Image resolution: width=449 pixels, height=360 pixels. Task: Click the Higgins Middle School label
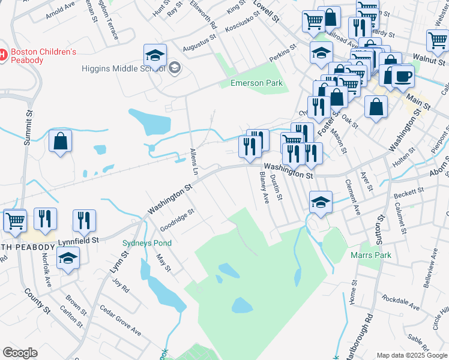[123, 68]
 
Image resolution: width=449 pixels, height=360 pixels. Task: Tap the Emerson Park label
[256, 83]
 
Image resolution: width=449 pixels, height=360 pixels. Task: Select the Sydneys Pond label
[147, 243]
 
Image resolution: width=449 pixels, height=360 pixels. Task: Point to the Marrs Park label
[370, 255]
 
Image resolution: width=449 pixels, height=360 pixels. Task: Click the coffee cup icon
[403, 77]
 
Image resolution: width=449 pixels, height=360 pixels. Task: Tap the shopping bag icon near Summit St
[60, 142]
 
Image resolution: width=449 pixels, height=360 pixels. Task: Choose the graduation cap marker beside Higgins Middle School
[155, 56]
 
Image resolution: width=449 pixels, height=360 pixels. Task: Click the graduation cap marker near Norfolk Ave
[68, 259]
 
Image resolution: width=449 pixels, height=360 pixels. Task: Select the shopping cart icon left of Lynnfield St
[15, 220]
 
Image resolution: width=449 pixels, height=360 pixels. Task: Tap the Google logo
[20, 353]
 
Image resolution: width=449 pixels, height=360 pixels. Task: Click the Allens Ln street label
[194, 161]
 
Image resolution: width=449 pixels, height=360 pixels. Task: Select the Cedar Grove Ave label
[120, 321]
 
